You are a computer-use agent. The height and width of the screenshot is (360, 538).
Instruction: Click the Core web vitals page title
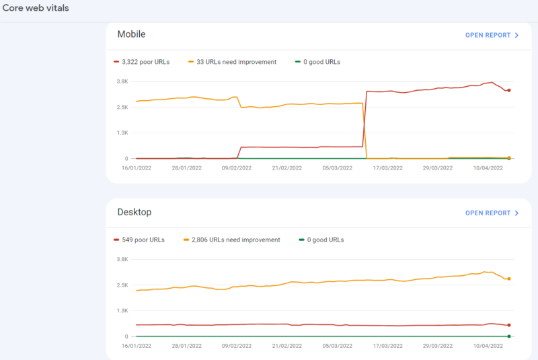click(36, 8)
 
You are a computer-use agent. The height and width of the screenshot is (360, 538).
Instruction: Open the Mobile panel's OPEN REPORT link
click(492, 35)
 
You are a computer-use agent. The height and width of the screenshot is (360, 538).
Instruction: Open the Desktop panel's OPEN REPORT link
click(492, 213)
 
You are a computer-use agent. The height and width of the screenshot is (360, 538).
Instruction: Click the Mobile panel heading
click(131, 34)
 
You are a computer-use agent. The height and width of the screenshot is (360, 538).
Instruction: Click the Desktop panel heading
click(134, 212)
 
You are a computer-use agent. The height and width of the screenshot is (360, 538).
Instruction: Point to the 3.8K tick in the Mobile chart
click(122, 81)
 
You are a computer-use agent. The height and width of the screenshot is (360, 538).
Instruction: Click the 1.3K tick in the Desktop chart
click(122, 311)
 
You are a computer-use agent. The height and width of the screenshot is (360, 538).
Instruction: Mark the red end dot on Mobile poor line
click(509, 90)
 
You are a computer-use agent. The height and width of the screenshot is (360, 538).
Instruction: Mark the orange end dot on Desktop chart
click(509, 279)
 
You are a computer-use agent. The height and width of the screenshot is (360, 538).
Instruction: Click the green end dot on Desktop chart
click(509, 336)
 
